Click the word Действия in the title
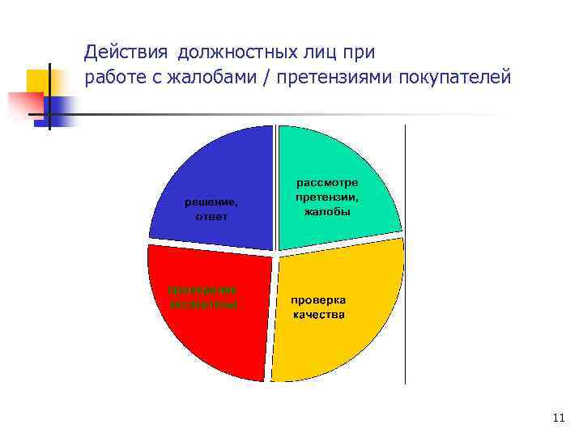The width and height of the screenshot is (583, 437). pyautogui.click(x=125, y=53)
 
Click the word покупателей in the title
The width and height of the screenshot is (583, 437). pyautogui.click(x=462, y=78)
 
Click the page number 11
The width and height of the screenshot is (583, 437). pyautogui.click(x=557, y=418)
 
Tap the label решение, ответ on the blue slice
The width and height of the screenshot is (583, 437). pyautogui.click(x=211, y=210)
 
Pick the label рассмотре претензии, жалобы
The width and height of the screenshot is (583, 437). pyautogui.click(x=327, y=197)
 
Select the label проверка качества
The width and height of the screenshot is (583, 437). pyautogui.click(x=319, y=307)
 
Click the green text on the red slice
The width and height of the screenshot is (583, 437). pyautogui.click(x=203, y=297)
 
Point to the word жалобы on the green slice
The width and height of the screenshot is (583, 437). pyautogui.click(x=327, y=212)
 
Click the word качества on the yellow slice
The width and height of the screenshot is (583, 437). pyautogui.click(x=319, y=314)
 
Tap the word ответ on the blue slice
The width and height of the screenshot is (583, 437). pyautogui.click(x=211, y=217)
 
